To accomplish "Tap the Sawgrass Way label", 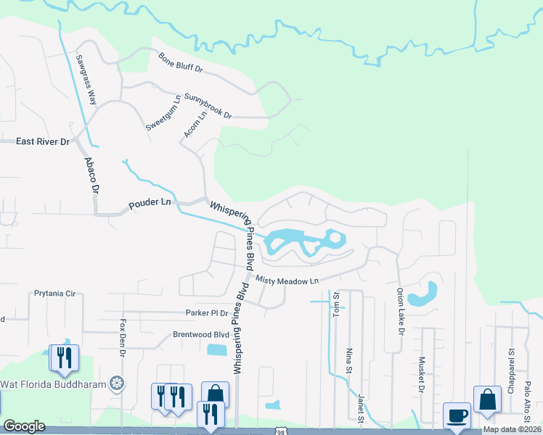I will [x=87, y=79].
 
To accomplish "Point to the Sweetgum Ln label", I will [x=162, y=112].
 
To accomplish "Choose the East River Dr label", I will [x=42, y=142].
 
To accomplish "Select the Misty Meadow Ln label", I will [x=287, y=280].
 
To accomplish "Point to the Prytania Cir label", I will [x=54, y=294].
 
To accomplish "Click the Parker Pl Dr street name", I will [x=201, y=313].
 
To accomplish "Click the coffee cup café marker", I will [x=457, y=416].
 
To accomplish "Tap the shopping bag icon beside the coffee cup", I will [x=487, y=399].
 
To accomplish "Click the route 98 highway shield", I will [x=280, y=431].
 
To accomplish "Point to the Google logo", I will [x=25, y=426].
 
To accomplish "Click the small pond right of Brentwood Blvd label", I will [x=216, y=350].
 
